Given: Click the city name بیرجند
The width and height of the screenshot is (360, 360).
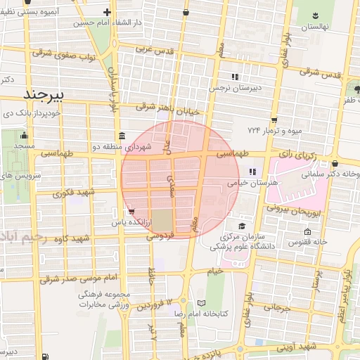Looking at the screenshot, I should click(44, 94).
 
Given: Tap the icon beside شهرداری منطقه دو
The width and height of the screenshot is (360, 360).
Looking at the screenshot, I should click(122, 136).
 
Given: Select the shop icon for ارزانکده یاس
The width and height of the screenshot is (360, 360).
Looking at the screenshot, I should click(131, 210).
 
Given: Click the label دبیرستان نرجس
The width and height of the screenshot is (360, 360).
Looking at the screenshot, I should click(234, 88).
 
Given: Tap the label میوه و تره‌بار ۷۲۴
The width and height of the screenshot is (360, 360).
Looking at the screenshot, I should click(274, 130).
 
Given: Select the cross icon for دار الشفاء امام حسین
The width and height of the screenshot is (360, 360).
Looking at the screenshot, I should click(106, 12).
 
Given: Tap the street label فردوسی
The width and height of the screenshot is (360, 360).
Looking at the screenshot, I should click(161, 236).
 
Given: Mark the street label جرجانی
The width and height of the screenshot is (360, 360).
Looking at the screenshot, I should click(276, 307).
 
